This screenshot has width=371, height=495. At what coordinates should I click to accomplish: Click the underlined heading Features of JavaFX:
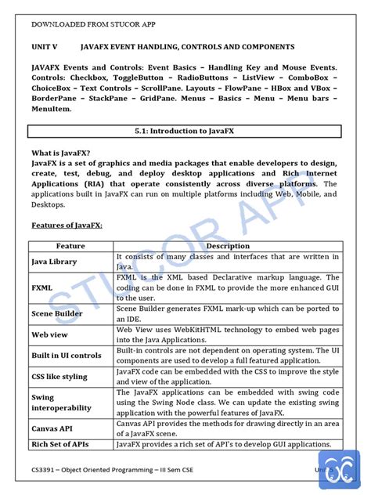(67, 225)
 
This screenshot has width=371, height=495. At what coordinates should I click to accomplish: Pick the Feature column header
(70, 246)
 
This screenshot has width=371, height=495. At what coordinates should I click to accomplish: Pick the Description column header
(227, 246)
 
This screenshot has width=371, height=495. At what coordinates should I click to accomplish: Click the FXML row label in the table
(42, 287)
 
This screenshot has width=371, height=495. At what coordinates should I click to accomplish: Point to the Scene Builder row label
(59, 313)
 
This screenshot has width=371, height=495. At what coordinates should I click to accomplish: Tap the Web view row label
(49, 334)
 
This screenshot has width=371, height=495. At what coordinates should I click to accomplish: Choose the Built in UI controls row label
(67, 355)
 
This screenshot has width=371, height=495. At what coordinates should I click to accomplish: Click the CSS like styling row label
(59, 376)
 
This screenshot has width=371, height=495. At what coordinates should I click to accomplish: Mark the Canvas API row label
(53, 428)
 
